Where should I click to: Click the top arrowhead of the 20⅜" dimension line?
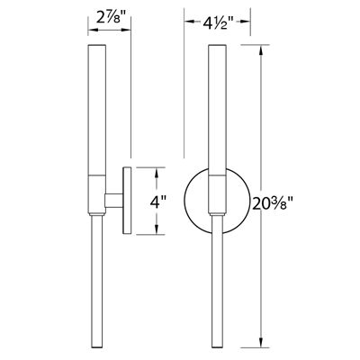click(x=262, y=50)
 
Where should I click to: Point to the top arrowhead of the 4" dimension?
click(x=160, y=170)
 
